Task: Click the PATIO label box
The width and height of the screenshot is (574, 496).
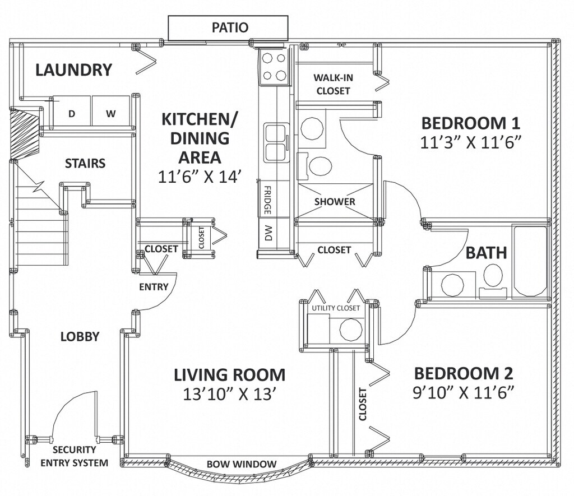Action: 228,28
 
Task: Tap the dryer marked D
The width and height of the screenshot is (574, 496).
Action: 72,111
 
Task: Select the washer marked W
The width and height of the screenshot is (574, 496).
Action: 111,111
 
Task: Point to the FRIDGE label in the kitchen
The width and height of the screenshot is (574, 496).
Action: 267,200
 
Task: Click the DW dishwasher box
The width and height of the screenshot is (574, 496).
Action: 269,233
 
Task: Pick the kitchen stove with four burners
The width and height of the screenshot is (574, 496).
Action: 274,67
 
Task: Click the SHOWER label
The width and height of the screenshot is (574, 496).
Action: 335,202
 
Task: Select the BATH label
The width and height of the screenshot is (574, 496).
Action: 486,253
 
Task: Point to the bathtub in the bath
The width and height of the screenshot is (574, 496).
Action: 530,261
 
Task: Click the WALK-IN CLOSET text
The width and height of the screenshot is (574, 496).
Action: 333,84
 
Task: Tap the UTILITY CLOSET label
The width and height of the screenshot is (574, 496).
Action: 336,308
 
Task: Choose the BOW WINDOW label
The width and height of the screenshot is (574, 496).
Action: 242,464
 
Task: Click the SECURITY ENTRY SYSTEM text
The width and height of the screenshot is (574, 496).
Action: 75,456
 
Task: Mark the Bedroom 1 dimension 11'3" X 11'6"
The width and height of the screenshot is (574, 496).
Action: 470,142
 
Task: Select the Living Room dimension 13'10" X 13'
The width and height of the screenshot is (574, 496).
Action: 229,394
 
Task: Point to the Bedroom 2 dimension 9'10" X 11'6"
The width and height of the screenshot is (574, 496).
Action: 462,393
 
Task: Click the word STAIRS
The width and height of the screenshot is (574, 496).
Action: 85,163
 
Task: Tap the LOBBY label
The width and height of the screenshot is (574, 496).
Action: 80,336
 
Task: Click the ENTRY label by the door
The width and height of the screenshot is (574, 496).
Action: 154,286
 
